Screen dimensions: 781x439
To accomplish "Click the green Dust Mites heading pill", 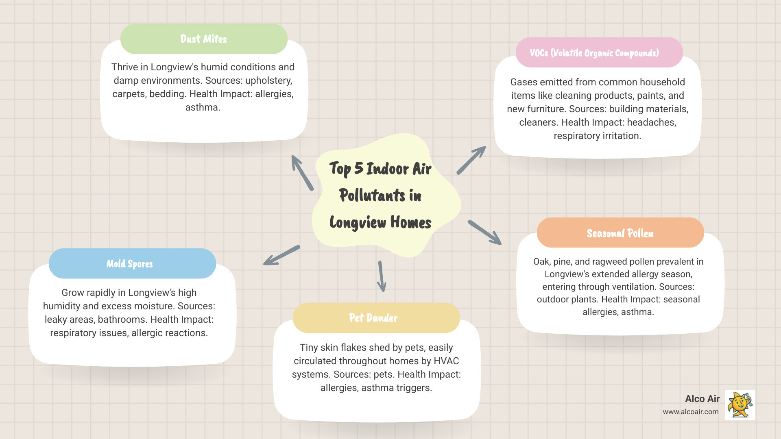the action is (x=204, y=39).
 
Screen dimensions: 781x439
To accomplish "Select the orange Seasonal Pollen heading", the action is (x=620, y=233).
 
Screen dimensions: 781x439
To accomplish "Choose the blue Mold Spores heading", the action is (x=130, y=264).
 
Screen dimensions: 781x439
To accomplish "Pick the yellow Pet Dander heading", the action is (x=373, y=318).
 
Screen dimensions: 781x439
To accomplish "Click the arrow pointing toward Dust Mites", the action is (x=302, y=172).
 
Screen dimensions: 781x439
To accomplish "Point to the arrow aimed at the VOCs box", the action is (x=471, y=161).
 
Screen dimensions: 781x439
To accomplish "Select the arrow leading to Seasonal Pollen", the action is (x=484, y=233).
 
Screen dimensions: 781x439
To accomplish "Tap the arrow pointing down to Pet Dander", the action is (x=382, y=276).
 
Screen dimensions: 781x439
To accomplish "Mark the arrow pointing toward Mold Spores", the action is (x=281, y=255).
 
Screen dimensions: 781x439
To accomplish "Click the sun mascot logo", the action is (x=740, y=405).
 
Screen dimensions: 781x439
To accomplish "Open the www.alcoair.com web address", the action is (x=691, y=412).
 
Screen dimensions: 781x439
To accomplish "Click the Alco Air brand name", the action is (x=702, y=399).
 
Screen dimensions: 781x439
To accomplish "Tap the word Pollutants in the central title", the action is (x=372, y=196).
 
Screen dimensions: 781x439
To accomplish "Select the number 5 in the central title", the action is (x=358, y=168).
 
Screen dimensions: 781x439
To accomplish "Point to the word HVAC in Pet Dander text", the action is (x=446, y=361).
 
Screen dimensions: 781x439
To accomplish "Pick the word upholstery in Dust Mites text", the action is (x=268, y=80).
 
